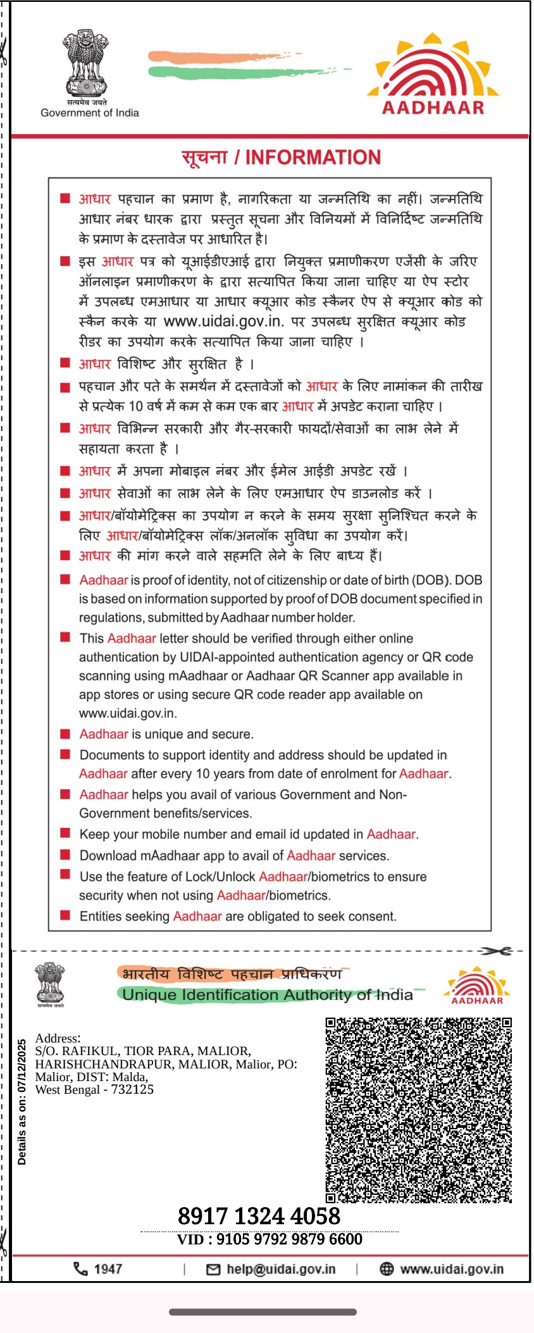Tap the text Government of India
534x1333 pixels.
coord(90,113)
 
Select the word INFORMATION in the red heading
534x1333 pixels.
coord(313,158)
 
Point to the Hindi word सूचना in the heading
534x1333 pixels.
coord(204,158)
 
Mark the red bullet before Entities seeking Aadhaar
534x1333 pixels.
coord(65,915)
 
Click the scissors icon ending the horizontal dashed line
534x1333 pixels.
coord(496,951)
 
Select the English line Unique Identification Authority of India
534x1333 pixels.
coord(267,994)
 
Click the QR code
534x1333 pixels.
coord(418,1110)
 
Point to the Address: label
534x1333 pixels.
coord(58,1038)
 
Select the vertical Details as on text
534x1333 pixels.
coord(22,1101)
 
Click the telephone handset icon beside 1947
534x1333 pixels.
coord(80,1268)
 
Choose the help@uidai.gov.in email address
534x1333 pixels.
coord(280,1269)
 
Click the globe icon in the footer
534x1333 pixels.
coord(386,1268)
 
